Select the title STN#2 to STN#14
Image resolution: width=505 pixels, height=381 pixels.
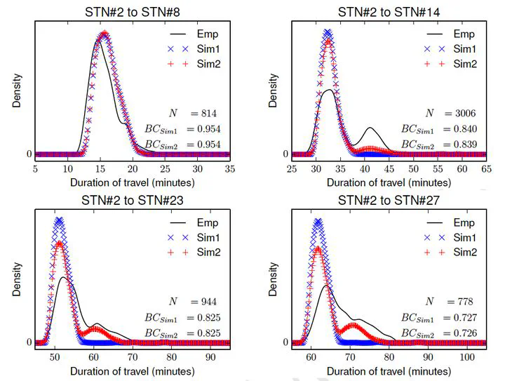387,11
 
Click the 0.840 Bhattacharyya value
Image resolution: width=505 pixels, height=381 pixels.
464,129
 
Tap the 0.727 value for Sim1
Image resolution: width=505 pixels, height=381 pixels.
464,317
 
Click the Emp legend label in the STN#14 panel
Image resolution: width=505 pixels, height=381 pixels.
464,34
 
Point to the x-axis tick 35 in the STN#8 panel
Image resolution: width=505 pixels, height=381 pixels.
229,169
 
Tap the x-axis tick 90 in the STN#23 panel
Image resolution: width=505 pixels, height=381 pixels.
209,357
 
